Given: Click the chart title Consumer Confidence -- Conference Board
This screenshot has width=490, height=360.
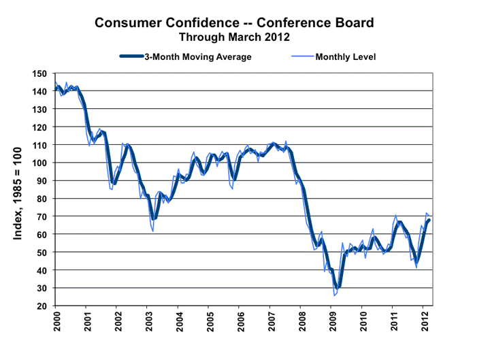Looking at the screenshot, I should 234,22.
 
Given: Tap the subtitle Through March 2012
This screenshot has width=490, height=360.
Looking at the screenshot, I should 234,37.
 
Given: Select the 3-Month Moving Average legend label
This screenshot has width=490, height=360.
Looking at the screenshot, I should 197,56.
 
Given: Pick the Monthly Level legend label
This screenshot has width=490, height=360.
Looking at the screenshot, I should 345,56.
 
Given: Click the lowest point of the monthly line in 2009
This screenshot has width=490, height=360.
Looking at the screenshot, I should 334,296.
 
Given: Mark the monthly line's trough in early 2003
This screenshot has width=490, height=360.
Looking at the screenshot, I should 153,231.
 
